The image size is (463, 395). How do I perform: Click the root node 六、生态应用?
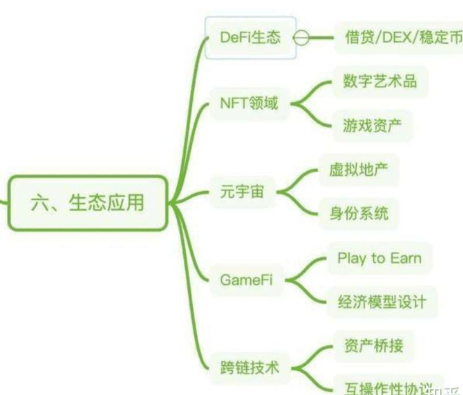[x=87, y=203]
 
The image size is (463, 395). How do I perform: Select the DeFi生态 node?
[x=250, y=38]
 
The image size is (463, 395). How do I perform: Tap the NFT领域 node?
[x=248, y=103]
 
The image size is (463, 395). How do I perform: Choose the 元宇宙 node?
[x=242, y=191]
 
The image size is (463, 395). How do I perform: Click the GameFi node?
[x=246, y=281]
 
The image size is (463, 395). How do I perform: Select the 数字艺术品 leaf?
[x=380, y=81]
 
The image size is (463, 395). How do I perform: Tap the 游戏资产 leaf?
[x=372, y=125]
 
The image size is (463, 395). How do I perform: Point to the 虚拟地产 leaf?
[x=358, y=169]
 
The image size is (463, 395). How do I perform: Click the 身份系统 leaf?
[x=358, y=214]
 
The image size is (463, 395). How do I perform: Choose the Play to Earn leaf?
[x=379, y=258]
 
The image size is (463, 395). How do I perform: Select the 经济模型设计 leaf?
[x=382, y=302]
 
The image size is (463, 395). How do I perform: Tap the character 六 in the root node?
[x=40, y=203]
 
